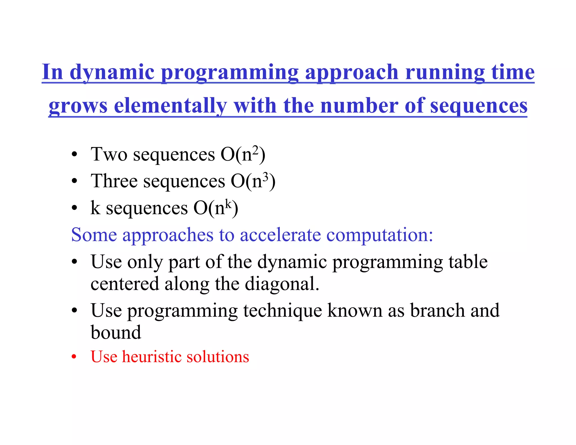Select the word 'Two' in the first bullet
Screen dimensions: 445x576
[x=109, y=154]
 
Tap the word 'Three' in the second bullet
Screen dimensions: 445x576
[x=114, y=181]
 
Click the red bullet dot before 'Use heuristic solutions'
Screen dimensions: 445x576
[x=74, y=357]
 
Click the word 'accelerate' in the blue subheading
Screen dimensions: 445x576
[x=280, y=235]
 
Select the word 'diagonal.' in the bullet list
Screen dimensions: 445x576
[x=282, y=284]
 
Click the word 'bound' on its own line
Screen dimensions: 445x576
[x=116, y=332]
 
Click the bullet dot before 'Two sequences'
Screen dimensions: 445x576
[x=74, y=154]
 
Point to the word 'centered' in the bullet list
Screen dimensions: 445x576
[x=125, y=284]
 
